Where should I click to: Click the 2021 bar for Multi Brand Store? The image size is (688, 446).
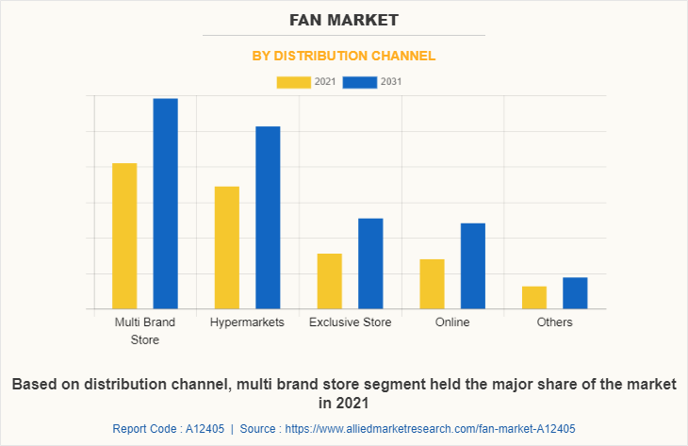pyautogui.click(x=124, y=236)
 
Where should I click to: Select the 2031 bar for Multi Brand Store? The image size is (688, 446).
pyautogui.click(x=166, y=204)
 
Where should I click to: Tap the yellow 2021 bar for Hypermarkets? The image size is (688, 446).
pyautogui.click(x=226, y=247)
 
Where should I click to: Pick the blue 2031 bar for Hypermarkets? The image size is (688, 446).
pyautogui.click(x=268, y=217)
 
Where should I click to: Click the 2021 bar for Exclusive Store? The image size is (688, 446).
pyautogui.click(x=329, y=281)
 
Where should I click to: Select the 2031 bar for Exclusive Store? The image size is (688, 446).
pyautogui.click(x=370, y=263)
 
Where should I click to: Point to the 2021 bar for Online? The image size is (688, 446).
pyautogui.click(x=432, y=284)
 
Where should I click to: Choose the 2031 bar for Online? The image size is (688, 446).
pyautogui.click(x=473, y=266)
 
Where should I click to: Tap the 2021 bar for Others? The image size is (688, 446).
pyautogui.click(x=534, y=297)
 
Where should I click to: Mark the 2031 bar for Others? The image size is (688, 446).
pyautogui.click(x=575, y=292)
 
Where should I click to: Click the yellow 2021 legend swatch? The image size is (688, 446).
pyautogui.click(x=294, y=82)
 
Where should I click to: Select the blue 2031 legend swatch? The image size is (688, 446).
pyautogui.click(x=360, y=82)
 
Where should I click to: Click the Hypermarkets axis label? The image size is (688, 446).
pyautogui.click(x=247, y=322)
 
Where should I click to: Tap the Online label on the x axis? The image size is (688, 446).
pyautogui.click(x=452, y=322)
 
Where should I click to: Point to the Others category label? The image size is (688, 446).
pyautogui.click(x=554, y=322)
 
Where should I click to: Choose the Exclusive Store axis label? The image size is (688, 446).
pyautogui.click(x=350, y=322)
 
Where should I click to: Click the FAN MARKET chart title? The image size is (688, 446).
pyautogui.click(x=344, y=19)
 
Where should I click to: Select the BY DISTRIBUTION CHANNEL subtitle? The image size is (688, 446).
pyautogui.click(x=344, y=56)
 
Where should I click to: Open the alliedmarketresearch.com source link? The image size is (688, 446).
pyautogui.click(x=428, y=429)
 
